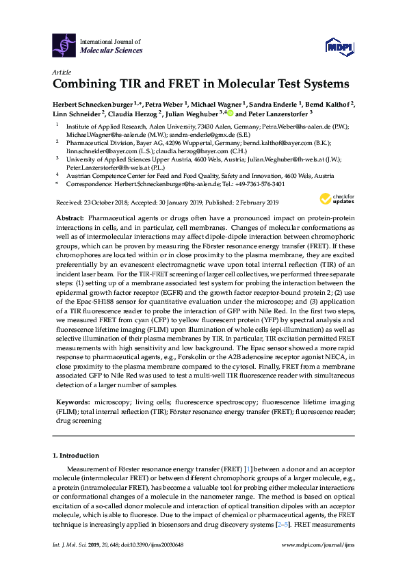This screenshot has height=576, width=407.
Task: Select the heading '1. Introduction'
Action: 75,455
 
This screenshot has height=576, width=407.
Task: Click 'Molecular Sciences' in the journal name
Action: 112,50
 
